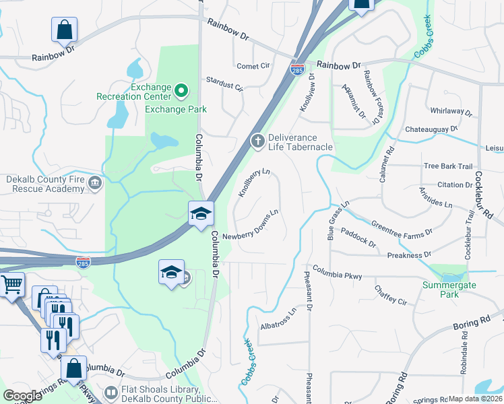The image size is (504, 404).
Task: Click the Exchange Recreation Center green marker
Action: click(181, 90)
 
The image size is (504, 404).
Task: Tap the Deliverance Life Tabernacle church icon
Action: click(257, 141)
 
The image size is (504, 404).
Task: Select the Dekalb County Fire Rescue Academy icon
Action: click(95, 182)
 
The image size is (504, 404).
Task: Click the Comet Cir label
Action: click(253, 66)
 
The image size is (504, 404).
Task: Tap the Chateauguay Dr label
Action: click(431, 128)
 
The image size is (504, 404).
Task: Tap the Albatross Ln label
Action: click(278, 320)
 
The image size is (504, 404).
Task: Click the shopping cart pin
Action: click(11, 285)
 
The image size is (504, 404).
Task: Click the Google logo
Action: click(22, 396)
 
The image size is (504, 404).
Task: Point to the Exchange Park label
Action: click(176, 109)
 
